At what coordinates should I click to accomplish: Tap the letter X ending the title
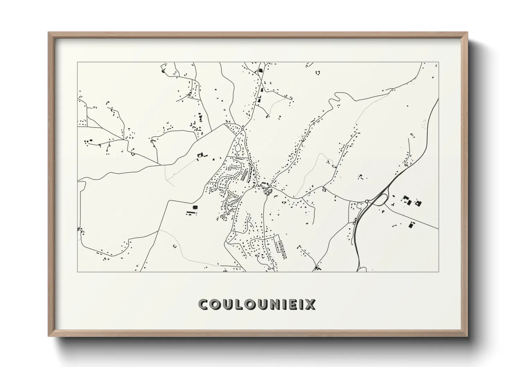coord(311,304)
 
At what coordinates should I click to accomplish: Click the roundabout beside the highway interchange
coord(367,201)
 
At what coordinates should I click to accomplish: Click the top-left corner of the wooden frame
coord(49,33)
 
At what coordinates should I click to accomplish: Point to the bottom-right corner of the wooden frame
coord(467,336)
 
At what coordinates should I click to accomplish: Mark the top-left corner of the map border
coord(78,62)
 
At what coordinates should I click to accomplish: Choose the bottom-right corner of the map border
coord(438,272)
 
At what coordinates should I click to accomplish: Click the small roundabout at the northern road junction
coord(242,129)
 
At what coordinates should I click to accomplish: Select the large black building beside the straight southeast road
coord(411,225)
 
